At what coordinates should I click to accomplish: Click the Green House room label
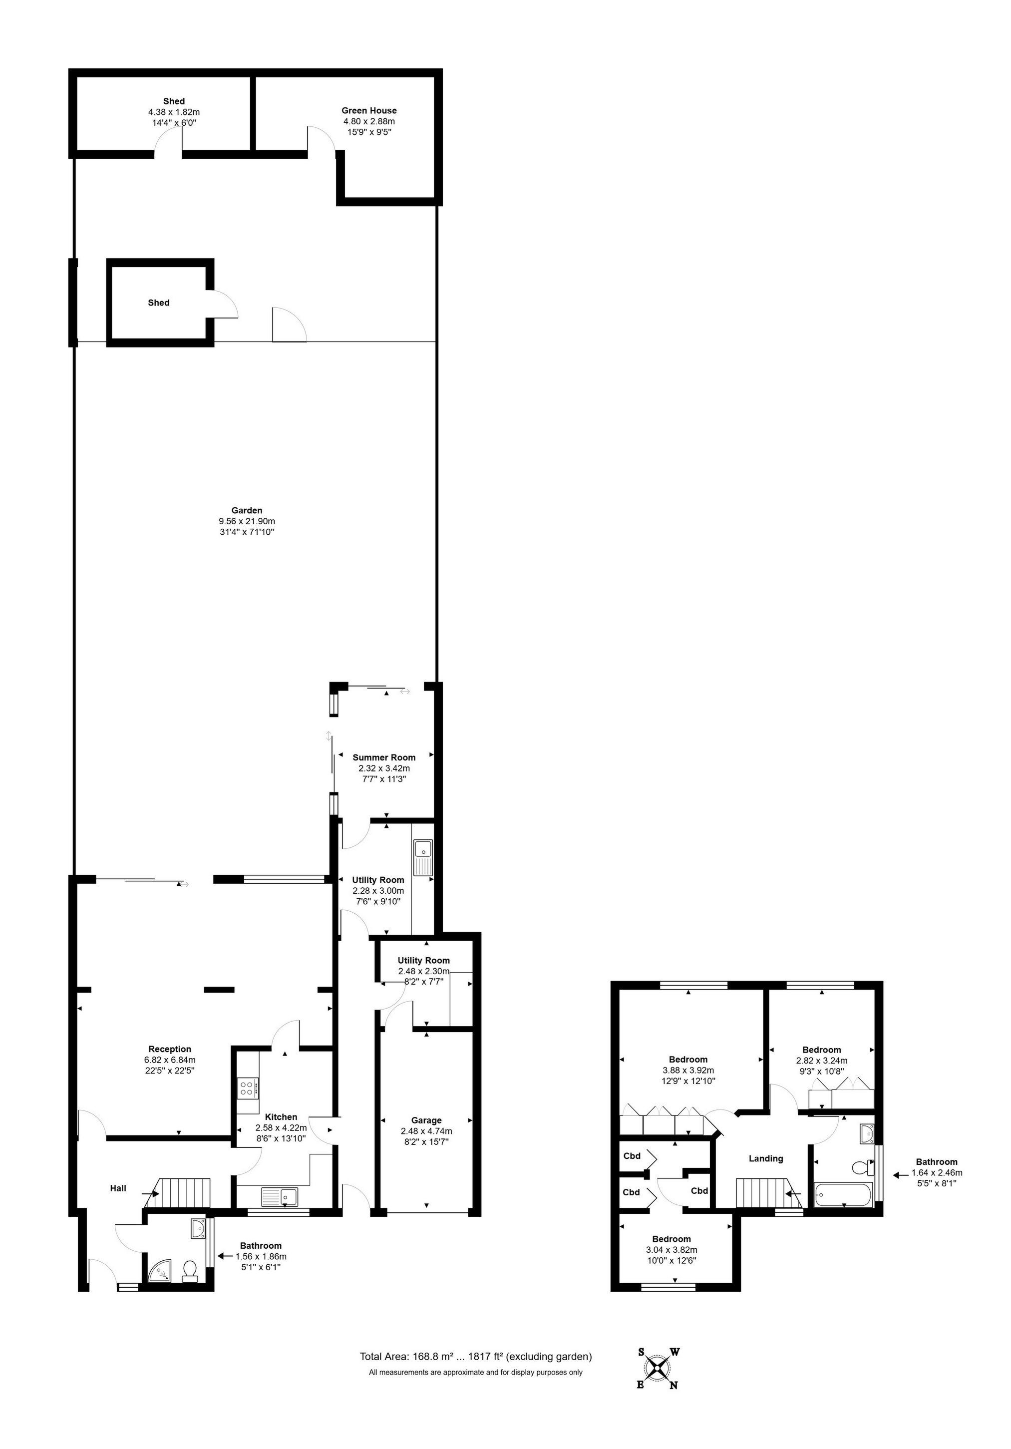point(368,110)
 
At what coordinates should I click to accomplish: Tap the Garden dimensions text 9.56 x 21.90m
point(247,521)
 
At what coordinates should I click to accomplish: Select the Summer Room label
point(384,757)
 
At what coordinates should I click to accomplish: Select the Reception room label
point(170,1050)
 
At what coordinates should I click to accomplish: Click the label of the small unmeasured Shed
point(158,303)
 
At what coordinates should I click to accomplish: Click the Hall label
point(118,1188)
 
